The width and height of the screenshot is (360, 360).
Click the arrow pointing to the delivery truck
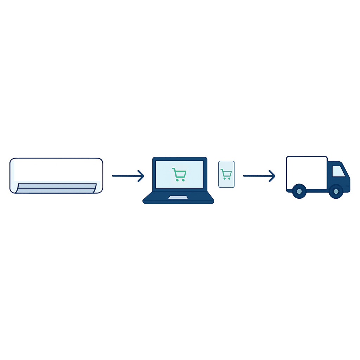click(259, 176)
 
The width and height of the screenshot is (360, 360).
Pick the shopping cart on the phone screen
click(226, 174)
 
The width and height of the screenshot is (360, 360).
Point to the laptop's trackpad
click(178, 198)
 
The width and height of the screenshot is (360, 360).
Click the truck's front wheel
click(336, 191)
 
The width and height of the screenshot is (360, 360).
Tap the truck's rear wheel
click(299, 191)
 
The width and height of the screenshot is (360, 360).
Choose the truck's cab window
click(338, 171)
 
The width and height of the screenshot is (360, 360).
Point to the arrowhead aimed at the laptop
click(141, 176)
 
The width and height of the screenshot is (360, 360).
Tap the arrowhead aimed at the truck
click(272, 176)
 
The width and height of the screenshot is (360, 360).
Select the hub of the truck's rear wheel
click(299, 191)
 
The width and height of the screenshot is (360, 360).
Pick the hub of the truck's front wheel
click(336, 191)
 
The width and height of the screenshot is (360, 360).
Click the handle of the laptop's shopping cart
click(173, 169)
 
